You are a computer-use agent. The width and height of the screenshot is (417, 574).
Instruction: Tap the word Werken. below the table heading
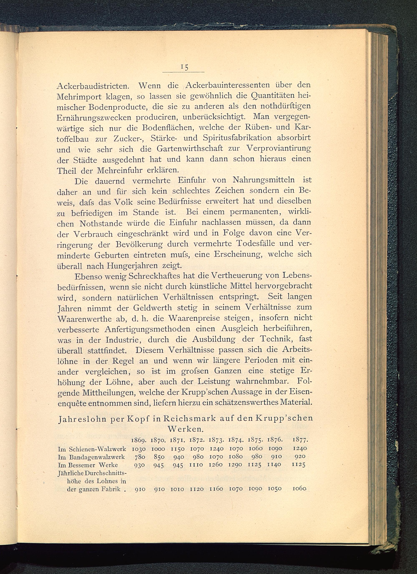tap(185, 430)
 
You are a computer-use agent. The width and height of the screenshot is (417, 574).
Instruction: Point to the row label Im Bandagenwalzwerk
tap(91, 457)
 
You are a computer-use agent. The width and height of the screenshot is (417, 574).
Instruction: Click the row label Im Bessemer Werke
tap(88, 465)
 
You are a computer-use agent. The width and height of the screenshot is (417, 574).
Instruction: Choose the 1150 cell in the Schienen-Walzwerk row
tap(177, 449)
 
